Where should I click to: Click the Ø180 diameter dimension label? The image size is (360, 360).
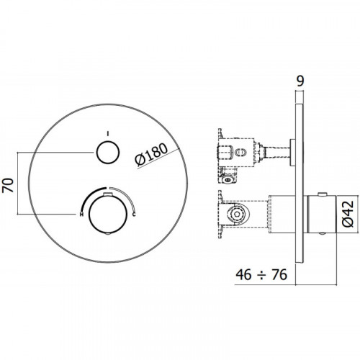tap(151, 155)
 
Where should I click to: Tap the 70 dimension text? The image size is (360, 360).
tap(8, 185)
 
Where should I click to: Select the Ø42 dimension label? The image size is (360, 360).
tap(348, 214)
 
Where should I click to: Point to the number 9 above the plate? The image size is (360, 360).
tap(300, 81)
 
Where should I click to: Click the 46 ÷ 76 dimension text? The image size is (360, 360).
tap(261, 274)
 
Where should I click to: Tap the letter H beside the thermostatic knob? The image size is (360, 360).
tap(81, 214)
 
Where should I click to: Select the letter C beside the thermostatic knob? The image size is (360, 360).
tap(134, 214)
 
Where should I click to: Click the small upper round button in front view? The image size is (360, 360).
tap(108, 153)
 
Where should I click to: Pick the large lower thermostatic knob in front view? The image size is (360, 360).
tap(108, 215)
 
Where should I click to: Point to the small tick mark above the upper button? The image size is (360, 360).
tap(108, 133)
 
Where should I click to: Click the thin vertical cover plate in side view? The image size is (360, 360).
tap(300, 184)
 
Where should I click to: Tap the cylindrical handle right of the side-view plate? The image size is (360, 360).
tap(321, 215)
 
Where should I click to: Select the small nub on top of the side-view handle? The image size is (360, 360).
tap(322, 194)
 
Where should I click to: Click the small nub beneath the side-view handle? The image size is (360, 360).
tap(322, 233)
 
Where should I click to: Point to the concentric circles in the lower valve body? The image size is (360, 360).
tap(237, 215)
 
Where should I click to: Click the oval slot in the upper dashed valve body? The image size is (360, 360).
tap(240, 153)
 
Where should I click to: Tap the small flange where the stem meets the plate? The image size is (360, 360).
tap(293, 152)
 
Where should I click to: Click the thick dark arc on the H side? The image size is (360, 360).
tap(92, 197)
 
